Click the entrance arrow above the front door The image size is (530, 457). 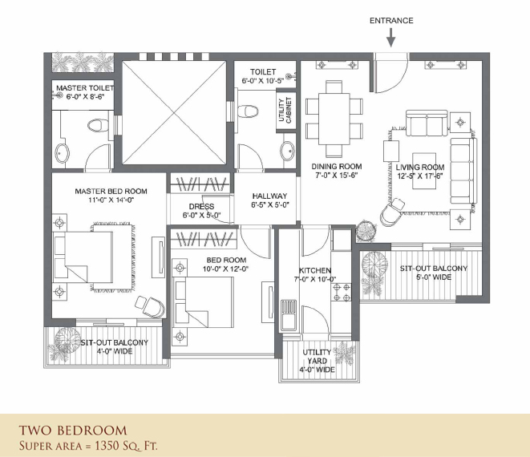click(391, 37)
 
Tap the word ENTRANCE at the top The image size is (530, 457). click(391, 21)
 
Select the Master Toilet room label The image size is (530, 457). click(85, 88)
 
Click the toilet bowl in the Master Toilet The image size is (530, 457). click(98, 125)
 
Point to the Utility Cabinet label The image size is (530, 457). click(285, 110)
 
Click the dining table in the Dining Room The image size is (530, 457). click(334, 119)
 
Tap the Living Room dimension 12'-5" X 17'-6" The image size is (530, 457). click(420, 176)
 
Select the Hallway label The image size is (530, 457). click(269, 196)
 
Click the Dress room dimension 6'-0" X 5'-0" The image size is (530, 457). click(202, 216)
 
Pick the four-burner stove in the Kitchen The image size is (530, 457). click(342, 293)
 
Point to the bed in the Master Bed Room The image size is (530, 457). click(83, 257)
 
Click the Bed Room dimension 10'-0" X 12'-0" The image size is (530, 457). click(226, 269)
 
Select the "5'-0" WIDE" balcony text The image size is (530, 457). click(434, 277)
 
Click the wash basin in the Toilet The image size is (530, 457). click(288, 149)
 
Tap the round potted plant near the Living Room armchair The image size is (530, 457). click(366, 231)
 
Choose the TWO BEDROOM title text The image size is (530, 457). click(73, 431)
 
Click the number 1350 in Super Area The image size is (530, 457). click(107, 446)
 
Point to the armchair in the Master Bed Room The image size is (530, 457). click(151, 306)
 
